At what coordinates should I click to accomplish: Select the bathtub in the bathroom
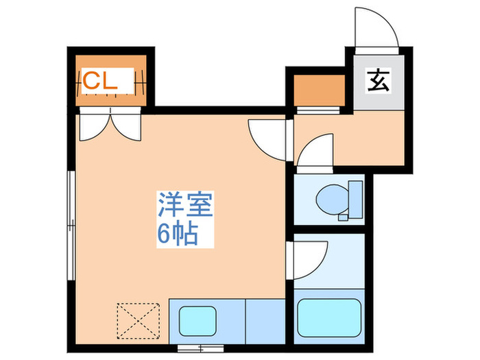325,315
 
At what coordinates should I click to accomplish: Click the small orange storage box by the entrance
318,88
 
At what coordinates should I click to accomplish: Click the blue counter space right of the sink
264,318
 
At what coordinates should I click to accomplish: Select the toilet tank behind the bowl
354,199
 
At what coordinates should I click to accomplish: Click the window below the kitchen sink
193,348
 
